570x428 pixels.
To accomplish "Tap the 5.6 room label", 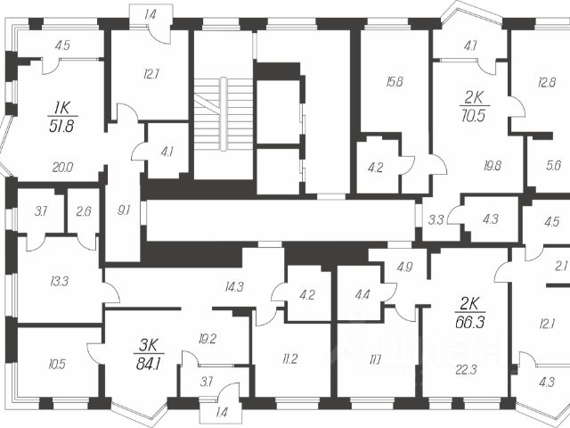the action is click(x=551, y=164).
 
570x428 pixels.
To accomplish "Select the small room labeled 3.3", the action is click(x=436, y=218).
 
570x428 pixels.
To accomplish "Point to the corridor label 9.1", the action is click(x=124, y=211).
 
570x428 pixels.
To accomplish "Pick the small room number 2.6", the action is click(x=83, y=211).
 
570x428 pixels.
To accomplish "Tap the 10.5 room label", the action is click(x=57, y=363).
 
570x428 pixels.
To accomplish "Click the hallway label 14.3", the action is click(x=234, y=286).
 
